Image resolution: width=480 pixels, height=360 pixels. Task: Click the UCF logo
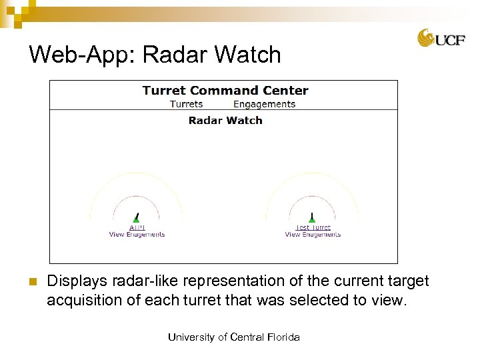point(441,39)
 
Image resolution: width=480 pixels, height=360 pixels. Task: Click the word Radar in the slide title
point(174,55)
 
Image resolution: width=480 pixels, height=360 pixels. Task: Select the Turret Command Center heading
point(225,91)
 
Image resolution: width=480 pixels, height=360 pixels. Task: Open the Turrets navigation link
point(186,104)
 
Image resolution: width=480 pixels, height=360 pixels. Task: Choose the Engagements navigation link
point(264,104)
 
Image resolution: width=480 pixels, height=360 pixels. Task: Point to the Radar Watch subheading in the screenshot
point(225,121)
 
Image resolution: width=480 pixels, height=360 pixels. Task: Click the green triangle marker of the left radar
point(136,219)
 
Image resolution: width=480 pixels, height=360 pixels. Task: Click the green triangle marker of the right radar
point(312,219)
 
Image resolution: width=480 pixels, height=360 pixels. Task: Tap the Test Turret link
point(313,228)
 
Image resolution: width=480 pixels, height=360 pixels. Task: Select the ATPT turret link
point(137,228)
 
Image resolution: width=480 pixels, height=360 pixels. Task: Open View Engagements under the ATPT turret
point(137,235)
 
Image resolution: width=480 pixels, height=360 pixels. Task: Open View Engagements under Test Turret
point(313,235)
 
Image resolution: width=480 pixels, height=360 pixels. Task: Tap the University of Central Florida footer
point(233,337)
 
